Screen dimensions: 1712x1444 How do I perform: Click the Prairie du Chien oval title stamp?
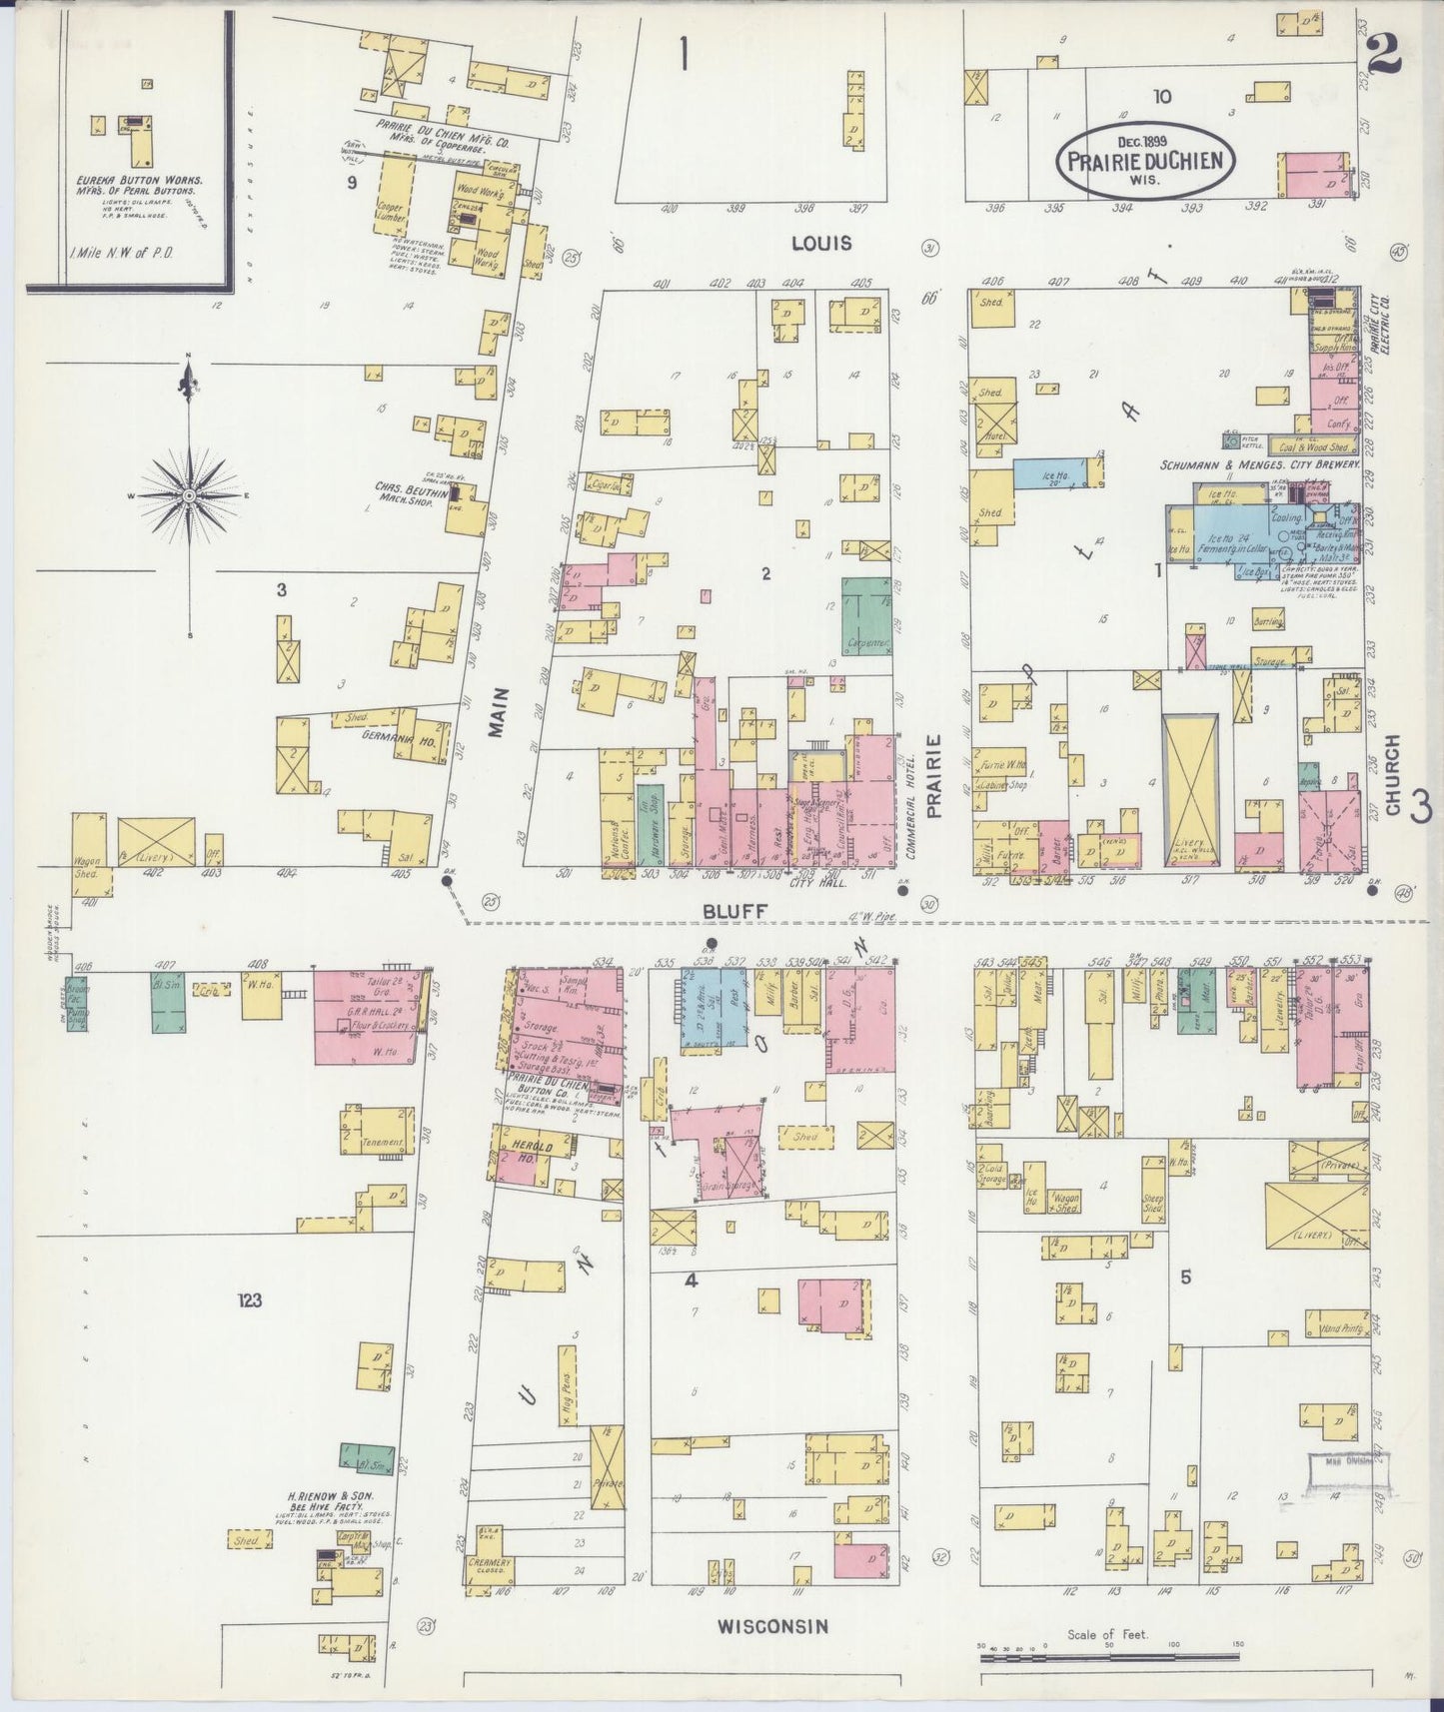(x=1145, y=159)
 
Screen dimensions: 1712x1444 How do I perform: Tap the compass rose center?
(x=189, y=494)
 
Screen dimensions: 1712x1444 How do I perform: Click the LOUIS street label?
(x=821, y=243)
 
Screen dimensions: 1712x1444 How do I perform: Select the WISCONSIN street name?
(x=772, y=1626)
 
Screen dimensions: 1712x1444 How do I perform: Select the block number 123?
(x=250, y=1299)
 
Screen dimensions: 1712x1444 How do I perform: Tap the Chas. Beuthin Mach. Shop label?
(x=410, y=493)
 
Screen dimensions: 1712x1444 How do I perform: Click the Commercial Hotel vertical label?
(x=910, y=807)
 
